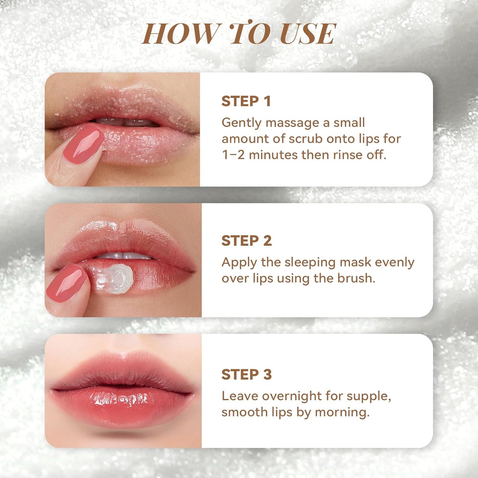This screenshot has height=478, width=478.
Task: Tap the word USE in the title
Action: click(x=308, y=34)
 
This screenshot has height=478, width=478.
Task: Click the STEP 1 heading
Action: click(x=246, y=101)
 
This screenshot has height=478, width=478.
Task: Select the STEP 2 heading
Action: click(x=246, y=241)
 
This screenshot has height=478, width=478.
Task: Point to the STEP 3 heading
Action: click(x=246, y=374)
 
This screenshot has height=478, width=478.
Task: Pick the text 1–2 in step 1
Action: click(x=233, y=155)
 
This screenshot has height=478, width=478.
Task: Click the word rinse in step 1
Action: click(x=347, y=155)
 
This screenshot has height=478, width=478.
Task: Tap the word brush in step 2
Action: click(x=355, y=279)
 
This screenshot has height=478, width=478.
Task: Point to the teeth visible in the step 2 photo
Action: click(x=124, y=256)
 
